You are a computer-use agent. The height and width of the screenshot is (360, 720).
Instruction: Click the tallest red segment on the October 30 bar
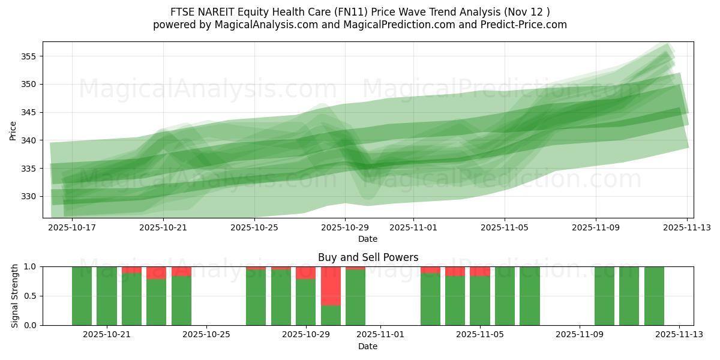[x=331, y=286]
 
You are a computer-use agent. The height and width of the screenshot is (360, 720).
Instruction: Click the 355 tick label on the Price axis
[x=29, y=56]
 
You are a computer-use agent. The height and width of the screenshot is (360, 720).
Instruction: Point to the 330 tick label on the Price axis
[x=29, y=196]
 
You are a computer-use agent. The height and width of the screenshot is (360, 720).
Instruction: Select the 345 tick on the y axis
[x=29, y=112]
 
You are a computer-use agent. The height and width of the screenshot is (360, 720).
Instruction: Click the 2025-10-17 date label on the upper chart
[x=72, y=227]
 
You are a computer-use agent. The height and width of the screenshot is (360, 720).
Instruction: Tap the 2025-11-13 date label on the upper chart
[x=687, y=227]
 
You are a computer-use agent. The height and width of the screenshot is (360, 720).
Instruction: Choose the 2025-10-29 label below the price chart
[x=344, y=227]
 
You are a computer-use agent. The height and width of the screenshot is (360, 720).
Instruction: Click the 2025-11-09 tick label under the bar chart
[x=580, y=334]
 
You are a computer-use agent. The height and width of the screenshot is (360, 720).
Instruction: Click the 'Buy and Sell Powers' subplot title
[x=368, y=257]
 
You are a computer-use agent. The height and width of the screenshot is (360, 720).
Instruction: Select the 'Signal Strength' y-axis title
[x=15, y=296]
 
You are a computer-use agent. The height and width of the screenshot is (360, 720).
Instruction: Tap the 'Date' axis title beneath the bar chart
[x=368, y=346]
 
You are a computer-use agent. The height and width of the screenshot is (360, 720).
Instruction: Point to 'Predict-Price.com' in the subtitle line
[x=526, y=25]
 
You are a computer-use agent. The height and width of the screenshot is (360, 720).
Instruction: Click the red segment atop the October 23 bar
[x=156, y=272]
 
